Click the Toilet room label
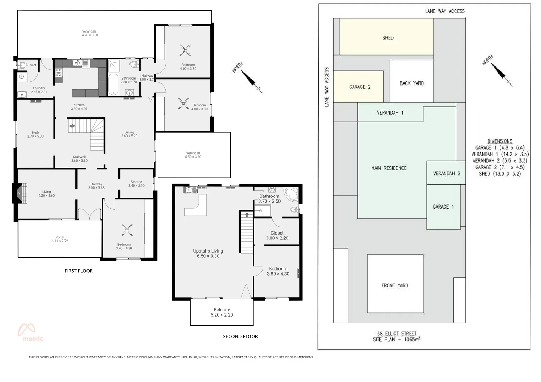click(32, 65)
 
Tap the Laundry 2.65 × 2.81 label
click(39, 90)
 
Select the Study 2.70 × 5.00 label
click(35, 134)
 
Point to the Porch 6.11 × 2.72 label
click(60, 239)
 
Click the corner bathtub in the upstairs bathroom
click(292, 194)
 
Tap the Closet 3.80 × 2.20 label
click(277, 235)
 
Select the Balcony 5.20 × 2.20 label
click(222, 312)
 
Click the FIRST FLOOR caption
click(79, 271)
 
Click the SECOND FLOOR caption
click(240, 336)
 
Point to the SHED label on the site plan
click(388, 37)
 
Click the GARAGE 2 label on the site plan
click(360, 87)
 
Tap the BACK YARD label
click(412, 83)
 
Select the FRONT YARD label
click(395, 285)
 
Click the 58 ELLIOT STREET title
click(396, 334)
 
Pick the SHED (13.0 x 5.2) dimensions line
click(500, 174)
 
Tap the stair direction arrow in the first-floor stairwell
click(72, 126)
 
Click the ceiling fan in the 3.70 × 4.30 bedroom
click(127, 230)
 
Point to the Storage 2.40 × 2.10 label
click(136, 184)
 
